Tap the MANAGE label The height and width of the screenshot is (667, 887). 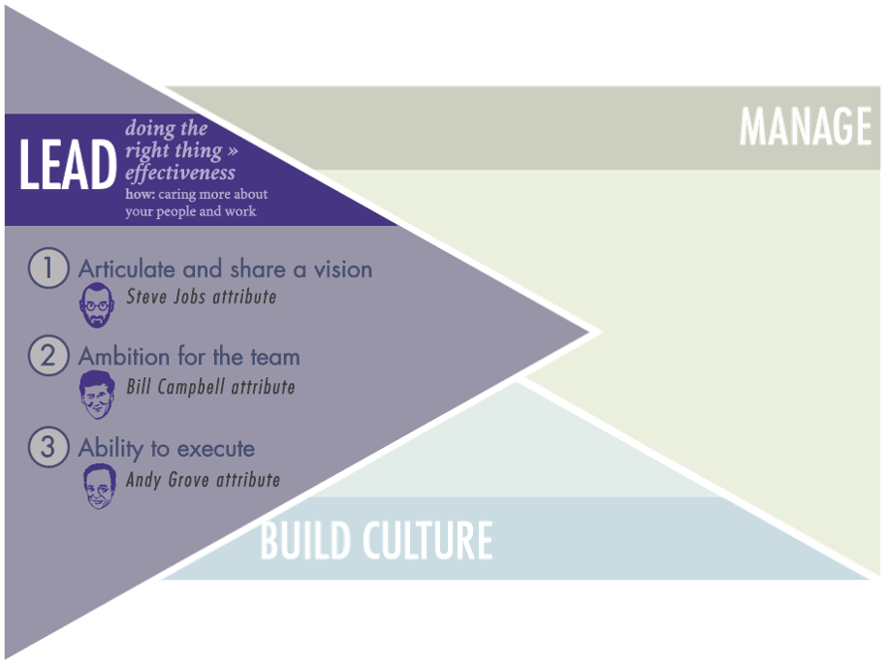click(806, 127)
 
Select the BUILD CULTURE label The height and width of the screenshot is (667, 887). click(376, 541)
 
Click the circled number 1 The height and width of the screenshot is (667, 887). click(48, 269)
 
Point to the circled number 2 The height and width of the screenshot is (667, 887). click(48, 356)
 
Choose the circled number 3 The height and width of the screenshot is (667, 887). click(48, 448)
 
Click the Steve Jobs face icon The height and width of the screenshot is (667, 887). click(97, 304)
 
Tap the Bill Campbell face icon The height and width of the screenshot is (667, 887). click(97, 394)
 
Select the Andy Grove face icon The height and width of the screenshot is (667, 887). click(97, 485)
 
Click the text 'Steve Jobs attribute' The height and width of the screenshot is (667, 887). click(201, 297)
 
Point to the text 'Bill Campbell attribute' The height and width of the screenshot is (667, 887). click(210, 387)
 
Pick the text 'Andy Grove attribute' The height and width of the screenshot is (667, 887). click(203, 479)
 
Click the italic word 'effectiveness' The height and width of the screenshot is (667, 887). click(180, 174)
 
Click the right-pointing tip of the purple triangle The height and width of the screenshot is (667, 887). click(593, 333)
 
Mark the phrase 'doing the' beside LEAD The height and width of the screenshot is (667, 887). click(166, 129)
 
